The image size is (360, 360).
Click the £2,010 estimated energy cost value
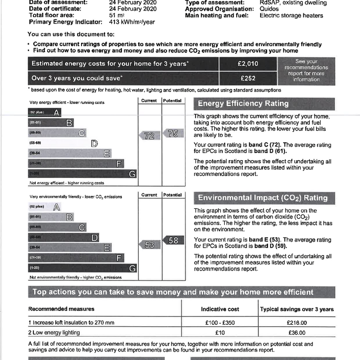click(x=248, y=64)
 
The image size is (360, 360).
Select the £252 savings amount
click(x=248, y=78)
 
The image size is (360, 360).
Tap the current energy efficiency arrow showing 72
click(x=149, y=135)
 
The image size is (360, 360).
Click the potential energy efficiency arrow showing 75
click(x=173, y=133)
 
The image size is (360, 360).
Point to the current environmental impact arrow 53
click(x=149, y=245)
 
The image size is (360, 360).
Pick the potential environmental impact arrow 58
click(x=173, y=240)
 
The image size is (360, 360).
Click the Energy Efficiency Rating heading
click(x=243, y=103)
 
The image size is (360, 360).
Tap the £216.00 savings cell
click(x=297, y=323)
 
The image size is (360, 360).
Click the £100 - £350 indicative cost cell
click(x=220, y=323)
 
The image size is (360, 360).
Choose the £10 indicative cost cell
click(x=220, y=333)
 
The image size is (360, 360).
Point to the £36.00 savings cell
click(x=297, y=333)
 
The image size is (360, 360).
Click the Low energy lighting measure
click(x=56, y=333)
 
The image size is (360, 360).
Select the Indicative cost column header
click(x=220, y=309)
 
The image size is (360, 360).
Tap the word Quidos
click(x=269, y=9)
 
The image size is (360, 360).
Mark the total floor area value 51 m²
click(x=116, y=15)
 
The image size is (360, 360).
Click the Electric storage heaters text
click(x=291, y=15)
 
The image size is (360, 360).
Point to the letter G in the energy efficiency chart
click(x=132, y=174)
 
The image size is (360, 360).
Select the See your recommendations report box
click(x=306, y=71)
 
